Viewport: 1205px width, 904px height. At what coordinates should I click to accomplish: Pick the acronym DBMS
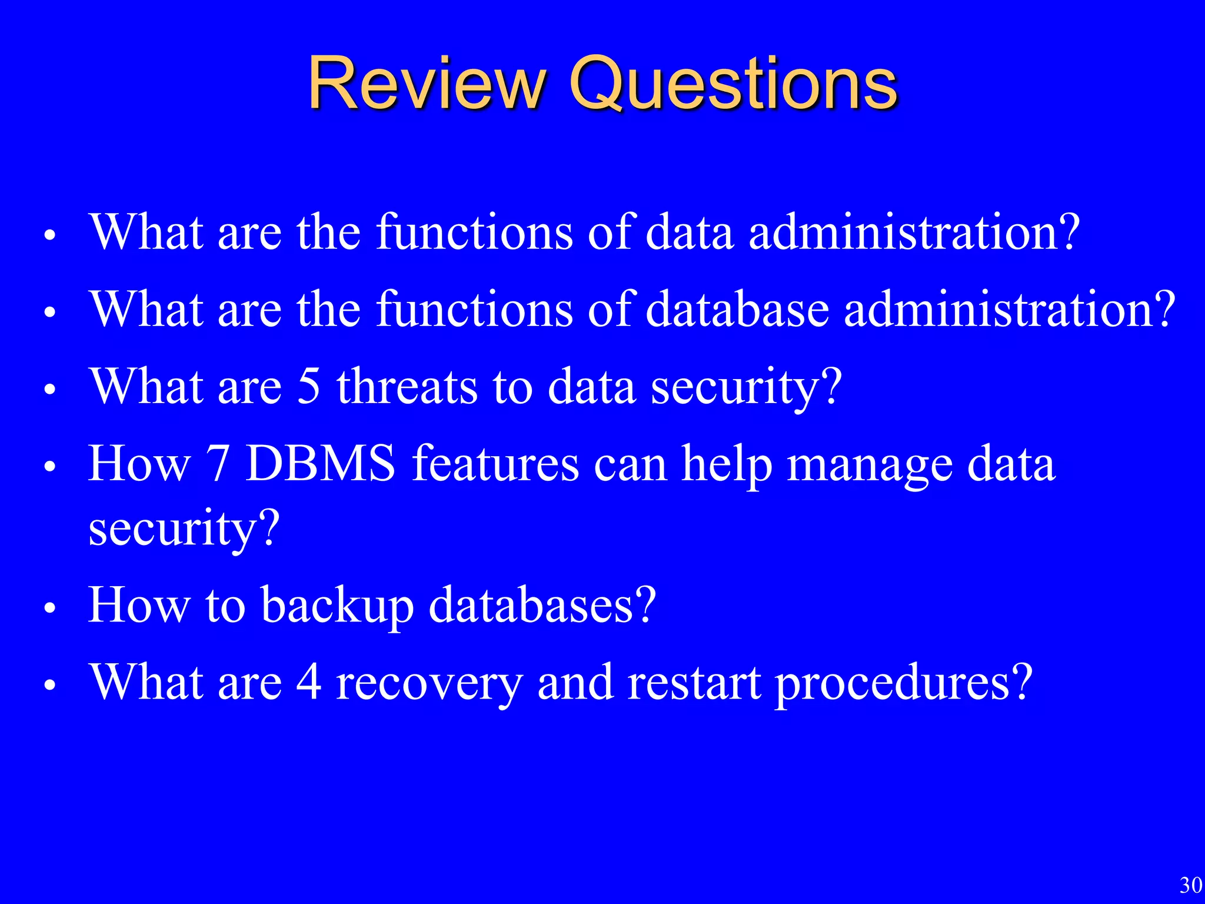pos(321,464)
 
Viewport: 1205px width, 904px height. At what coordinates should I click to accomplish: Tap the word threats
pos(407,386)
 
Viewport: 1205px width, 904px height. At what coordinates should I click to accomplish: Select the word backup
pos(337,606)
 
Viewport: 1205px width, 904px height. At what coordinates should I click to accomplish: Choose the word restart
pos(694,683)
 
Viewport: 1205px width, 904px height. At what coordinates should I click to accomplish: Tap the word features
pos(495,464)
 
